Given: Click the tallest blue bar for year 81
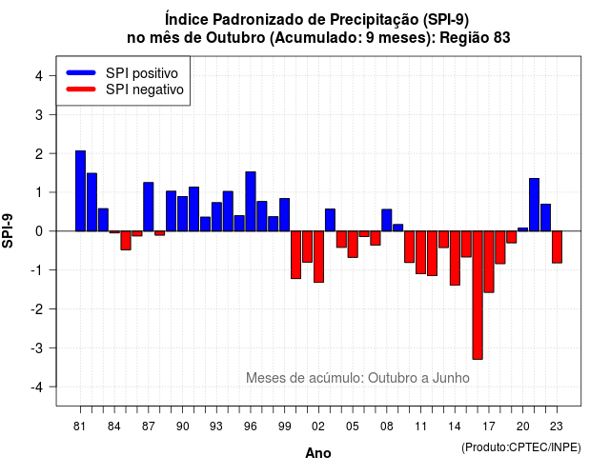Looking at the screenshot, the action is [x=80, y=190].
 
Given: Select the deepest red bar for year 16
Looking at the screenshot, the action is [x=478, y=295].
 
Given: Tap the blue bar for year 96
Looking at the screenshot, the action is [x=251, y=201].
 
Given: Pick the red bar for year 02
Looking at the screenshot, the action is [x=318, y=256].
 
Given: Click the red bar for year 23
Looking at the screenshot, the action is [x=557, y=248].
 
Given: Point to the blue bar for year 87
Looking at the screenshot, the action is [x=149, y=207].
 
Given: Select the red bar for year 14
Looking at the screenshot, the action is [x=455, y=258].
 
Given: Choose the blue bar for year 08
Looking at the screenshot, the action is [x=387, y=220].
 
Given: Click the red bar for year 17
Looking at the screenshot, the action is [x=489, y=262].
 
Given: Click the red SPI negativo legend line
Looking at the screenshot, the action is [x=81, y=89].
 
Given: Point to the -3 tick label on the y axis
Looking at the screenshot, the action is [x=38, y=347].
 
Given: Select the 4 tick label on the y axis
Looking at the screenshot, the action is [x=39, y=76].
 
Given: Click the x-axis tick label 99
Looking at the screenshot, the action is [x=285, y=426].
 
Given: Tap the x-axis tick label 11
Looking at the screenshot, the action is [x=421, y=426].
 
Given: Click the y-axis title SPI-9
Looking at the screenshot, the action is [x=8, y=230].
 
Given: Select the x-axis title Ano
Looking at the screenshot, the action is [x=318, y=453].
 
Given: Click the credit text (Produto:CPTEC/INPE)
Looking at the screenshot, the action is [x=521, y=447].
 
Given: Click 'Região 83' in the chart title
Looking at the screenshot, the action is [x=475, y=38].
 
